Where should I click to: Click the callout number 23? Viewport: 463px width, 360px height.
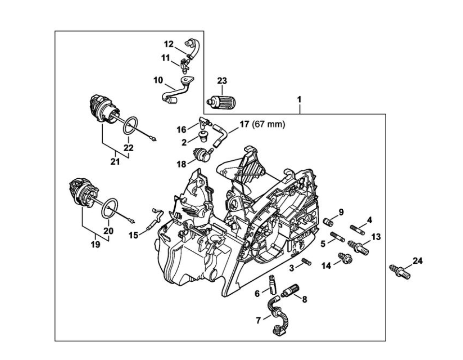pyautogui.click(x=222, y=81)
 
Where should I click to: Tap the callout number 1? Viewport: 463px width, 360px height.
pyautogui.click(x=299, y=100)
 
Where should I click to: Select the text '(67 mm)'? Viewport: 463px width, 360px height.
pyautogui.click(x=269, y=125)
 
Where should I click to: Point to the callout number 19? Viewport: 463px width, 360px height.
pyautogui.click(x=96, y=245)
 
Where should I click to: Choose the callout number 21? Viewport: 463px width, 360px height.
pyautogui.click(x=115, y=162)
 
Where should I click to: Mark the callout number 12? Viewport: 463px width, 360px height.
pyautogui.click(x=168, y=44)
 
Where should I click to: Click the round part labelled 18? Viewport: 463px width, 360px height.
pyautogui.click(x=201, y=154)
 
